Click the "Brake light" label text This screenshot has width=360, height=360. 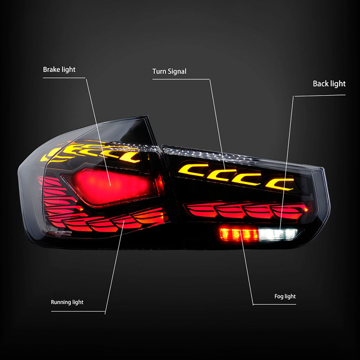(59, 70)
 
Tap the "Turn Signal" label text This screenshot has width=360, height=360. (169, 71)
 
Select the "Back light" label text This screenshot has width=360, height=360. (329, 84)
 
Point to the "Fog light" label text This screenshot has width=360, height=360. (285, 296)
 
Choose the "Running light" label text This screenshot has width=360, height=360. (67, 302)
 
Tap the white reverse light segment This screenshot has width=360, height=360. (277, 234)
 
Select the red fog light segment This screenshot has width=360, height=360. (239, 234)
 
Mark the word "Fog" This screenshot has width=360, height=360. (279, 296)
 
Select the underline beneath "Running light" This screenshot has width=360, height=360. (78, 311)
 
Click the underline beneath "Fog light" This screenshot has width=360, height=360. (274, 305)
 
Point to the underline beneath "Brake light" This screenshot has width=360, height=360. (64, 78)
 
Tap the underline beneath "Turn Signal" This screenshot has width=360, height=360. (181, 79)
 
